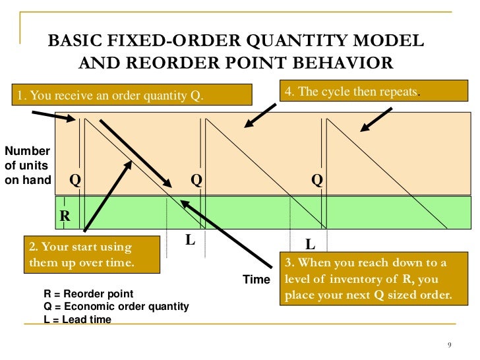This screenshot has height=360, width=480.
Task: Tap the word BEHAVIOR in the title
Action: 343,63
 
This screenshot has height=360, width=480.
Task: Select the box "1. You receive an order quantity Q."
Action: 132,95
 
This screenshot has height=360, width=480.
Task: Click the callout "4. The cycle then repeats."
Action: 374,91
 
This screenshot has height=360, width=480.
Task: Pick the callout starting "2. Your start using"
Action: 92,255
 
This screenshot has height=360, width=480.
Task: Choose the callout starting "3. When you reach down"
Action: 374,278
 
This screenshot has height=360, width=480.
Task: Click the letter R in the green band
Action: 65,216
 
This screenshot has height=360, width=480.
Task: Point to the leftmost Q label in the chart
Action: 75,180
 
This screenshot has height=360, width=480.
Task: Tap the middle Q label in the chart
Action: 196,180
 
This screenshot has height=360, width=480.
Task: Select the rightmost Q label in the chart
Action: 317,180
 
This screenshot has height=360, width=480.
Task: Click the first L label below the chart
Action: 191,240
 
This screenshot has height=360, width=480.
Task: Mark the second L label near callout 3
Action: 311,244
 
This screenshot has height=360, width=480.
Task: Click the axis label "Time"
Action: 256,279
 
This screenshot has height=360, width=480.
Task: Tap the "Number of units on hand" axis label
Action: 28,165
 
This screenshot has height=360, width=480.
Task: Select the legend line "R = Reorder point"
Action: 88,293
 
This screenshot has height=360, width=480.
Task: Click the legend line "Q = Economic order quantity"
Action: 116,307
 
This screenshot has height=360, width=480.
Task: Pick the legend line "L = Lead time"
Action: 77,319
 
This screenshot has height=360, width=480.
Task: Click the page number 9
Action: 450,345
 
